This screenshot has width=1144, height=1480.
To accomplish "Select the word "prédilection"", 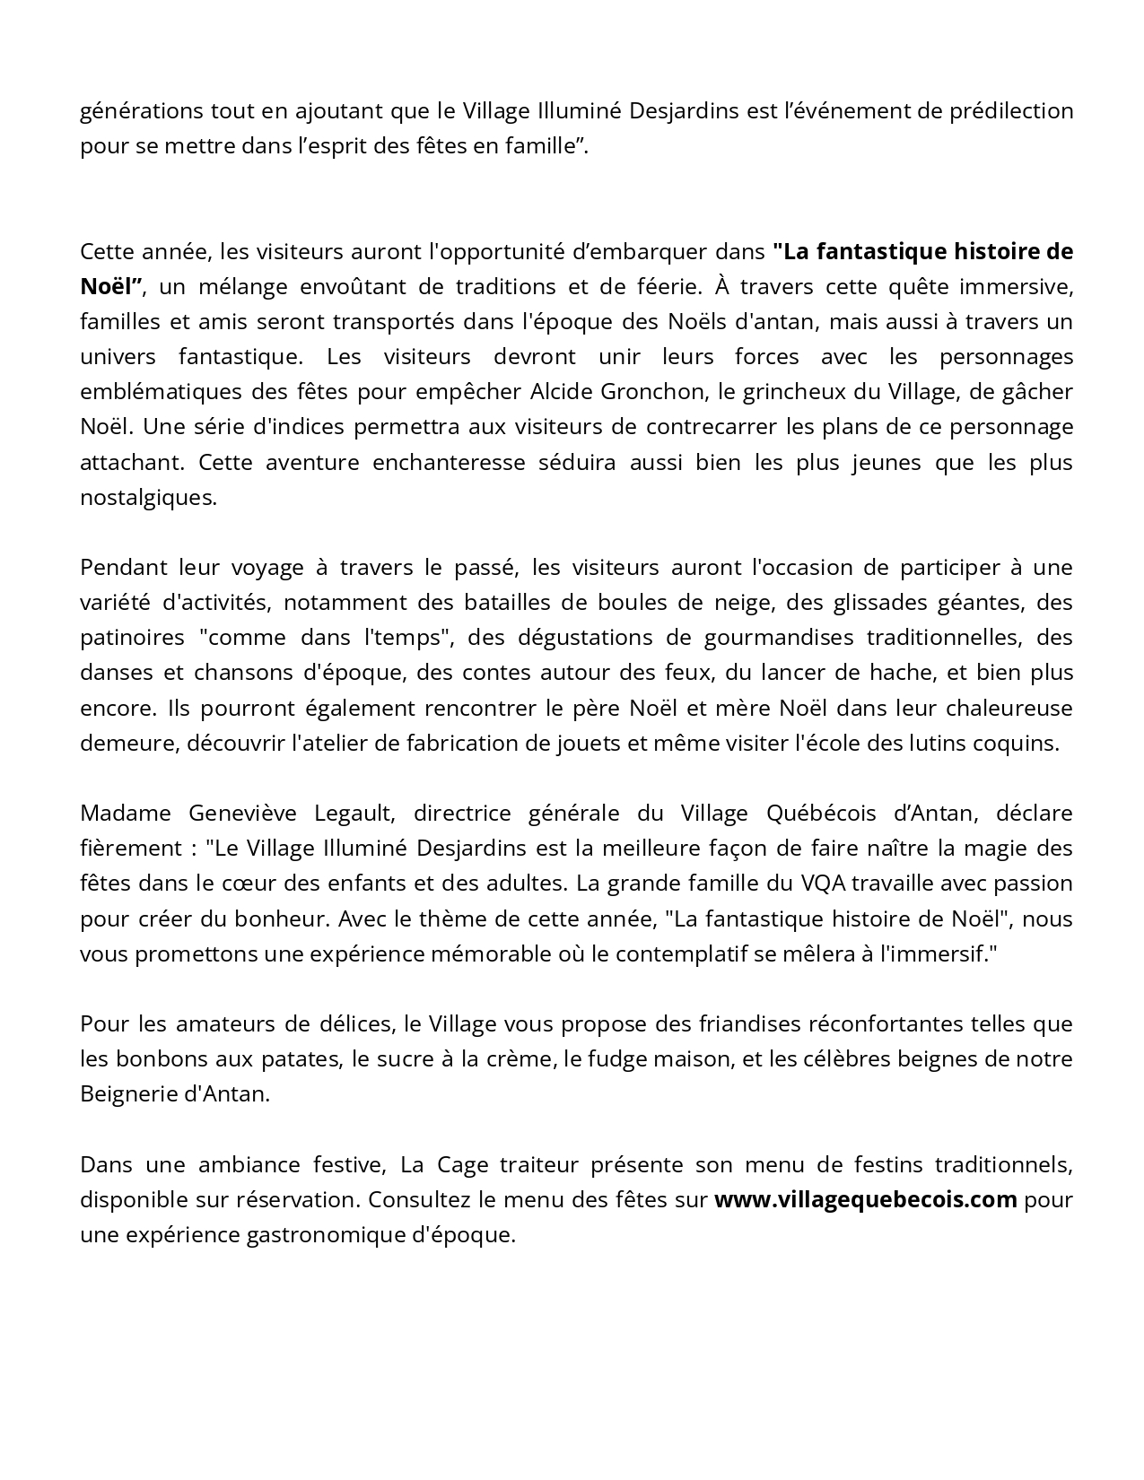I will coord(1009,111).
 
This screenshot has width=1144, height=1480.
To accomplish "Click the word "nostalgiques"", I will coord(148,497).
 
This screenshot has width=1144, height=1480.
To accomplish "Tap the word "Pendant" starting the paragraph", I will coord(117,568).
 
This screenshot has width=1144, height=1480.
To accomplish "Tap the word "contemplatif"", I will coord(679,953).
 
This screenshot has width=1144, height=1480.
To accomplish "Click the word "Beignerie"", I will coord(127,1094).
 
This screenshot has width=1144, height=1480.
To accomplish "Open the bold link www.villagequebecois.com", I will coord(866,1200).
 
